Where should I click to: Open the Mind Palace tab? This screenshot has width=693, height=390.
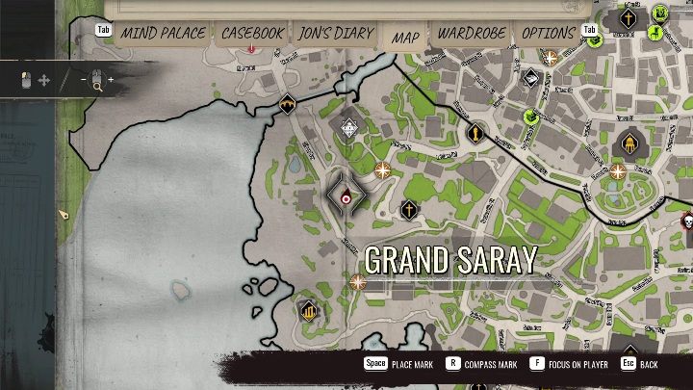163,33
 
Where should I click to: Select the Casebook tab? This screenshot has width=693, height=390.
252,33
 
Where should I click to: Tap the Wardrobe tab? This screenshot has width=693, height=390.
472,33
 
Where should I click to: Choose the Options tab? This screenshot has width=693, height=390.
548,33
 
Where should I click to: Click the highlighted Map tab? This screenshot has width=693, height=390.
405,37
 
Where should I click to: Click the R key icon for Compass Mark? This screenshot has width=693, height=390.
452,364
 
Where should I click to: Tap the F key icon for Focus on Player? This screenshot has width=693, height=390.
537,364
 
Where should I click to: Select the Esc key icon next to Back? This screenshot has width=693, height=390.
627,364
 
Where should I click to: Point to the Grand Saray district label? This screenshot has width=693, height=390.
449,260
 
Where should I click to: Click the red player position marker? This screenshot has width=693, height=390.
346,197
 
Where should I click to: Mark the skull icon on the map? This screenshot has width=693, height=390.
687,222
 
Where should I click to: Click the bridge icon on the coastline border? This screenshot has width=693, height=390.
287,104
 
